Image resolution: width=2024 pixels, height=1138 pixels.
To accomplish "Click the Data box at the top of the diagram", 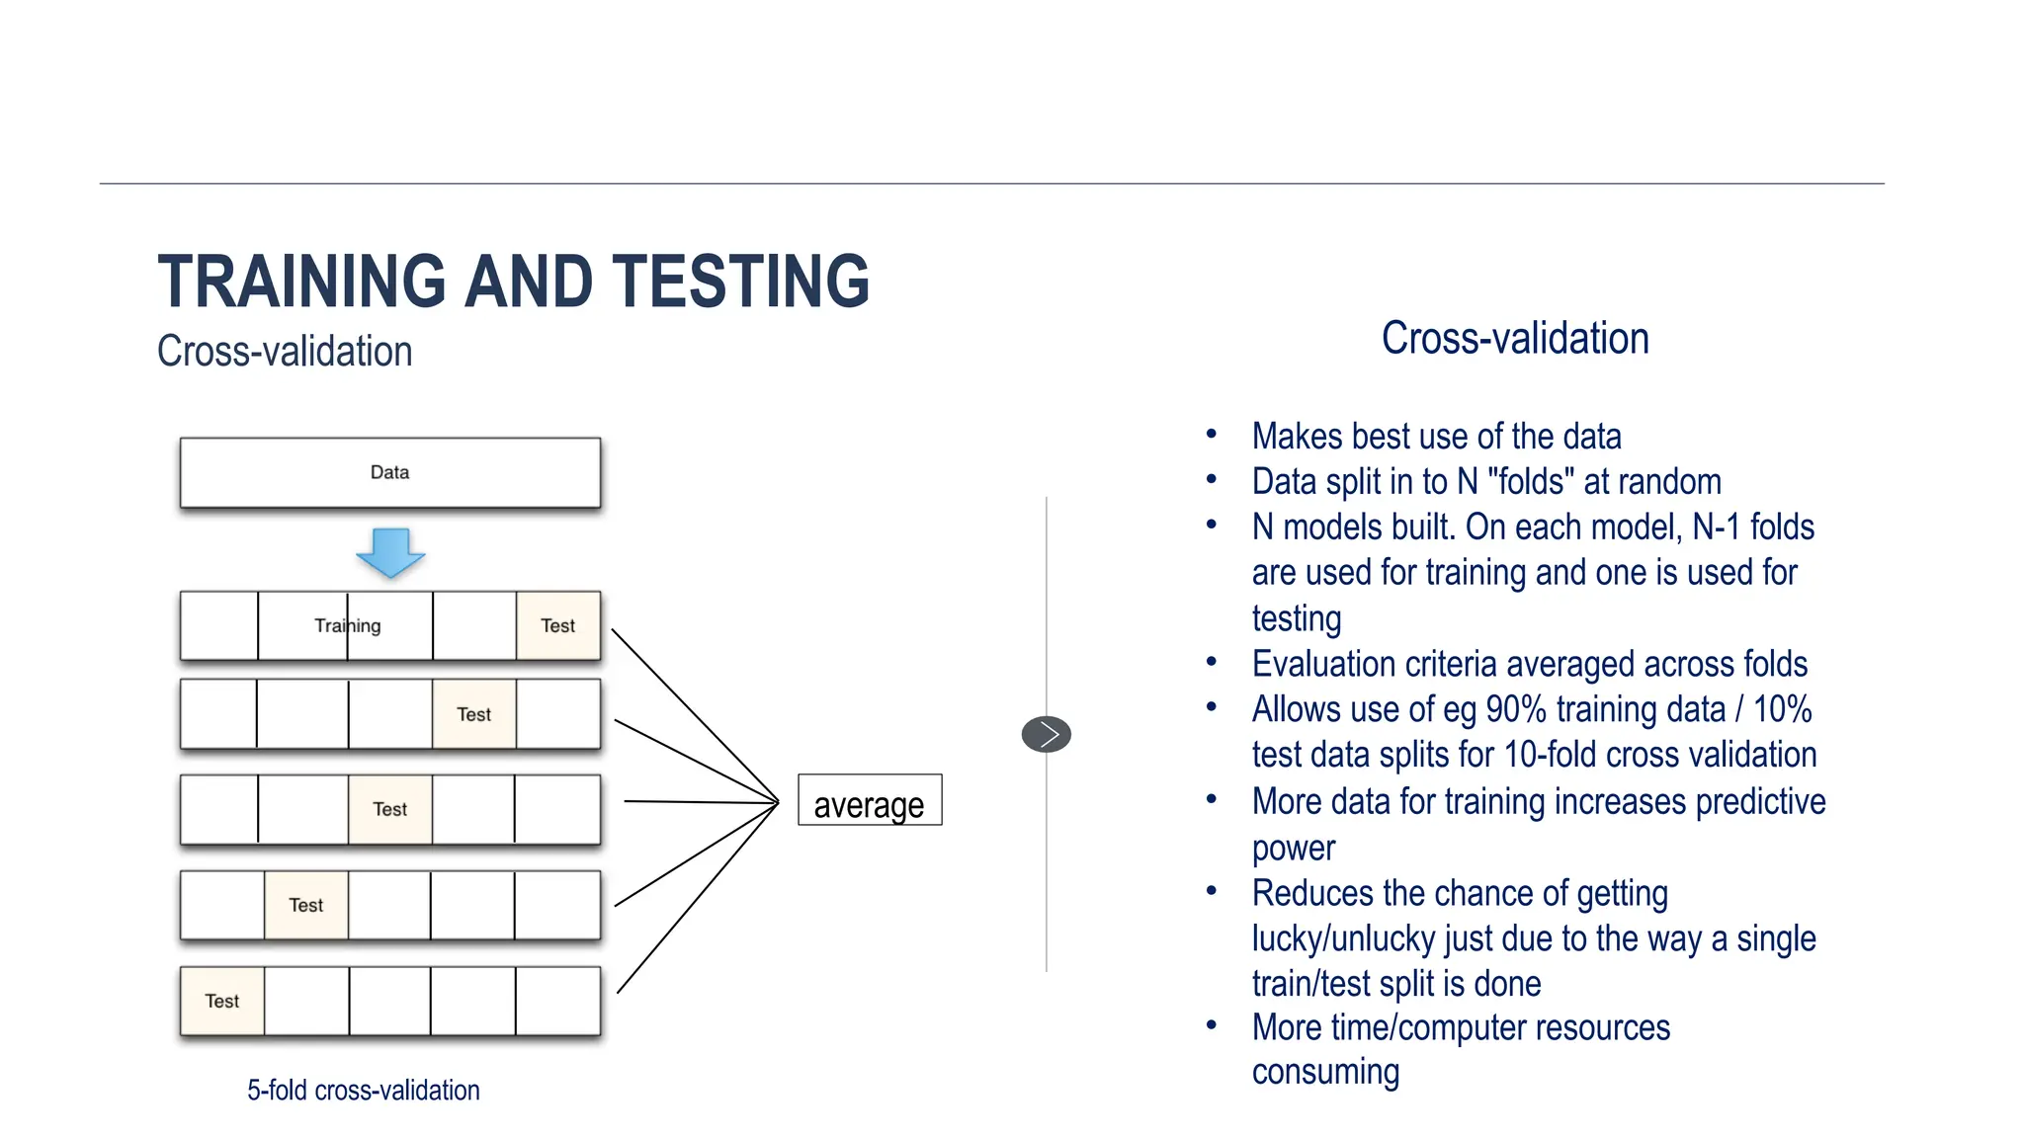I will click(x=389, y=472).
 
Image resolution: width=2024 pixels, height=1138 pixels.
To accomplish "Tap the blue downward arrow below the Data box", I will click(x=390, y=552).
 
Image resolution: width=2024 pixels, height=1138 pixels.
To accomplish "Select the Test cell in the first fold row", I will click(x=557, y=625).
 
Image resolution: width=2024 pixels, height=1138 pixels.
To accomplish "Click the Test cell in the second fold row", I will click(x=473, y=714).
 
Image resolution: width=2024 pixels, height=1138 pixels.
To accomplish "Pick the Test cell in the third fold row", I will click(x=389, y=809).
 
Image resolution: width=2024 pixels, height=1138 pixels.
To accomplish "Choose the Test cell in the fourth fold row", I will click(x=305, y=905).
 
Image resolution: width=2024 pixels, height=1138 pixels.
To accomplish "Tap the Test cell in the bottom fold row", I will click(x=221, y=1001).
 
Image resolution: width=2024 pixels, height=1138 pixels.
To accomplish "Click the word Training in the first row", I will click(x=347, y=625).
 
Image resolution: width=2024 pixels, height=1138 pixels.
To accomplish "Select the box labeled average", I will click(x=869, y=801).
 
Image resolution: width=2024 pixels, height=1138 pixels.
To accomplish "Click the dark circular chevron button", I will click(x=1046, y=734).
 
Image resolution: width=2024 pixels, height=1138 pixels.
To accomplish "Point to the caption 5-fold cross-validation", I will click(x=363, y=1091).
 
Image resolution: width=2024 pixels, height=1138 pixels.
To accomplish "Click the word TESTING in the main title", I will click(x=740, y=282).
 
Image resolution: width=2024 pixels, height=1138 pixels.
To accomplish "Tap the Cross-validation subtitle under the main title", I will click(x=285, y=352).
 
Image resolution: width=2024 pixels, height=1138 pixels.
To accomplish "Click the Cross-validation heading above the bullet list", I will click(x=1514, y=339).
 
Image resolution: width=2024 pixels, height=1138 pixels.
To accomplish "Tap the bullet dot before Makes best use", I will click(x=1211, y=434).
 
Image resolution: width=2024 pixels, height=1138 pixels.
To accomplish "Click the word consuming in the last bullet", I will click(x=1325, y=1073).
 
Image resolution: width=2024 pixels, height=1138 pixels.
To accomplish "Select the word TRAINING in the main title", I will click(x=301, y=282).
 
